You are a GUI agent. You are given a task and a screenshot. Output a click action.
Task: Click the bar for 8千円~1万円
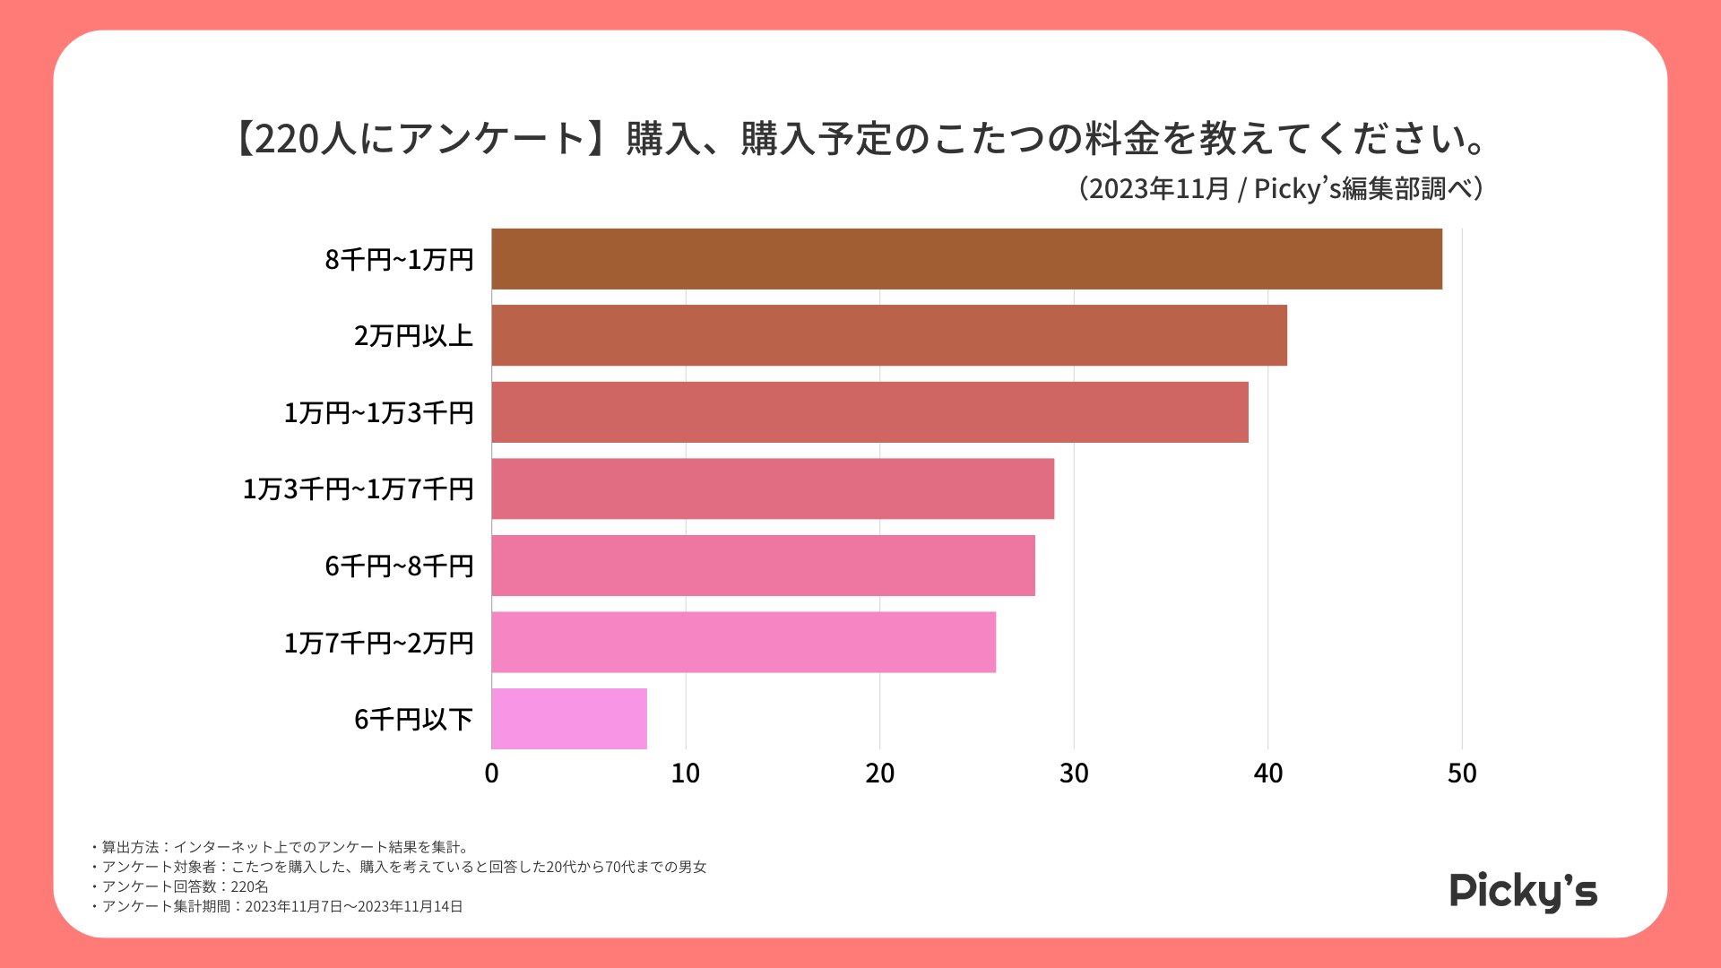[966, 259]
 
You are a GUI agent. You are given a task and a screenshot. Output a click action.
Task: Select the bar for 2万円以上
[889, 335]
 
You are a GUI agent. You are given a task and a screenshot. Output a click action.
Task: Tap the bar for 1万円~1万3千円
[869, 412]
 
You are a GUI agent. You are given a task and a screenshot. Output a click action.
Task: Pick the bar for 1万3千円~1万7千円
[773, 488]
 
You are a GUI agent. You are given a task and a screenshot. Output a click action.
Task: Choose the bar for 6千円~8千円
[763, 566]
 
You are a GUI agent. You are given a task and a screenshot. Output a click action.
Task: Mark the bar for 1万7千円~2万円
[743, 642]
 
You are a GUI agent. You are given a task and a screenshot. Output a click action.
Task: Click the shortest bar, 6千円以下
[569, 719]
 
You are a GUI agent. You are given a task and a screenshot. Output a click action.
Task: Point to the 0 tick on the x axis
[491, 774]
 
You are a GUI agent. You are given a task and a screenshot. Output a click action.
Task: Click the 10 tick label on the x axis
[686, 774]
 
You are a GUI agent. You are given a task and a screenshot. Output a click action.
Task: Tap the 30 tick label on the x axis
[1074, 774]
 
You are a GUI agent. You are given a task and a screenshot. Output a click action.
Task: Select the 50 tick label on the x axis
[1462, 774]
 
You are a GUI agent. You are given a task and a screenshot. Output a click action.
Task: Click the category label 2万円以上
[413, 336]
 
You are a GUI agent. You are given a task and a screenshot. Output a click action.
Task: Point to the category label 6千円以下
[413, 720]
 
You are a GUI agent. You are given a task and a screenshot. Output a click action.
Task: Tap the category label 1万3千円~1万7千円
[358, 489]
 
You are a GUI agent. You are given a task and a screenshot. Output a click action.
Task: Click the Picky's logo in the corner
[1523, 891]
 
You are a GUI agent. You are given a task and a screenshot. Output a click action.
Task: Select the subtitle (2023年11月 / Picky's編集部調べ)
[1281, 189]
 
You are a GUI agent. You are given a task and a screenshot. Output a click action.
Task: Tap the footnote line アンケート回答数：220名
[180, 886]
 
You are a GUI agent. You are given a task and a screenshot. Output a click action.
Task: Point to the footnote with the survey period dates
[277, 906]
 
